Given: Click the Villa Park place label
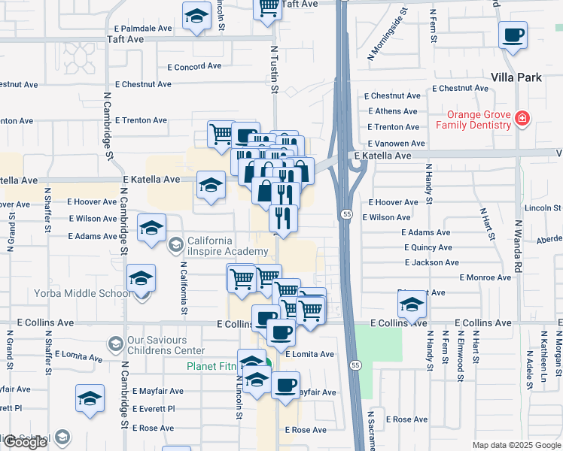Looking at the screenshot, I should [516, 77].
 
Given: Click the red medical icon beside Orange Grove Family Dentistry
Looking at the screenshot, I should [521, 118].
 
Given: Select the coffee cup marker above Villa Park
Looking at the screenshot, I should [513, 35].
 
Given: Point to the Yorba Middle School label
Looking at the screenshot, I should [81, 293].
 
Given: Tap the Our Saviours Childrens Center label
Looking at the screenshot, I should [166, 345].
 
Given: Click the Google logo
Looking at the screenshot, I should [25, 442].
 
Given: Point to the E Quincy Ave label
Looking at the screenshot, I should [428, 247].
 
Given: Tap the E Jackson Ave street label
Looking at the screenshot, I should [431, 262].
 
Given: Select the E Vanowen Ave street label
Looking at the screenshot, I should [397, 143].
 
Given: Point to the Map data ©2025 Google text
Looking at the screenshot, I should [516, 445].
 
